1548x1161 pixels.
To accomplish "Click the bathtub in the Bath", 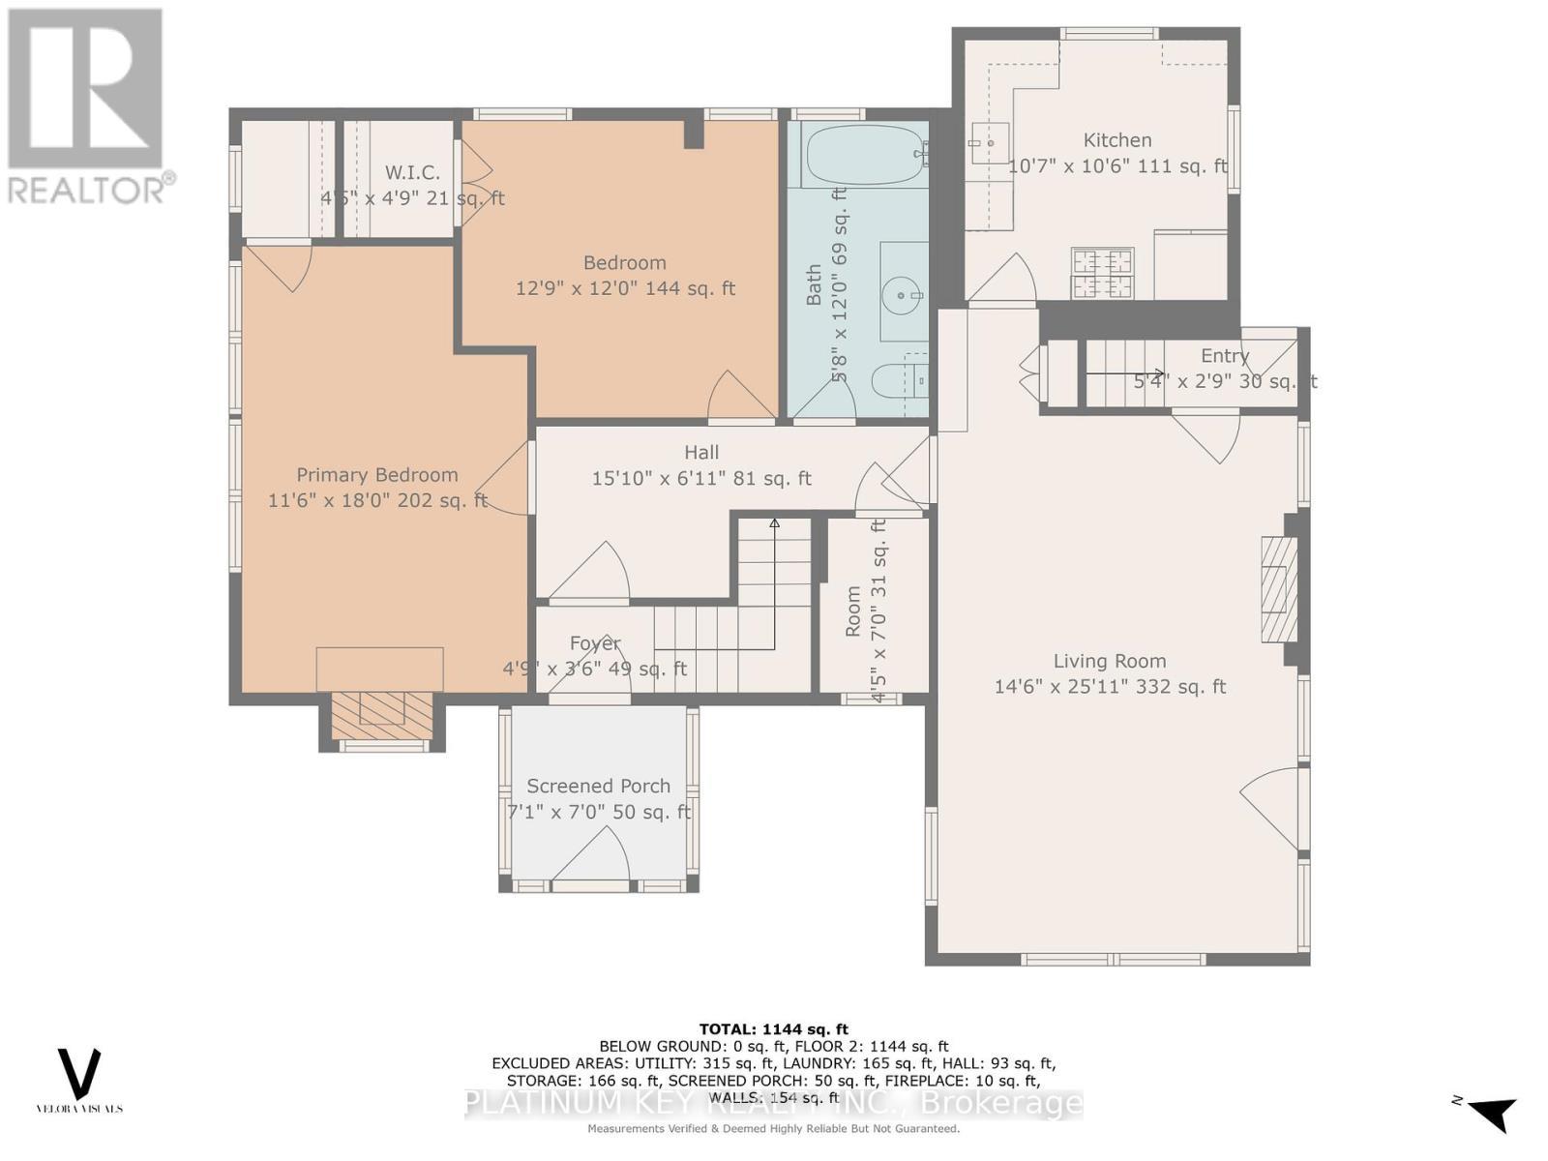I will (x=861, y=155).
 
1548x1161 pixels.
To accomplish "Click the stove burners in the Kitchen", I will (x=1102, y=273).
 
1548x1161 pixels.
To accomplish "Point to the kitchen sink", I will (x=989, y=143).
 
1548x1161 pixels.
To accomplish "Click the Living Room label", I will (x=1110, y=662).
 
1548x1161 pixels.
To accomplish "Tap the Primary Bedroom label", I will (x=376, y=475).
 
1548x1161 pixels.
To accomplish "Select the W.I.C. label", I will (x=412, y=173).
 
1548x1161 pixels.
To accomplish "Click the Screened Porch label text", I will (x=598, y=787).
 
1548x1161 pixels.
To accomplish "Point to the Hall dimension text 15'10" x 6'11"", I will (x=701, y=478).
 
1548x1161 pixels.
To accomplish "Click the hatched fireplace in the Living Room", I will (x=1278, y=589).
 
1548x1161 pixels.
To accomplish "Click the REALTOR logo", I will (x=87, y=106).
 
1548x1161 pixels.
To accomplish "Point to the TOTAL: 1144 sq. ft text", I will (x=773, y=1029).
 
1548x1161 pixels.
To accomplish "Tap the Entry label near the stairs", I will (x=1225, y=356).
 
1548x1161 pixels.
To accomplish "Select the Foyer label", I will (x=594, y=643).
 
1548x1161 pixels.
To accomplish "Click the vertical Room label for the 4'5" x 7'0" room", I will (x=852, y=611).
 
